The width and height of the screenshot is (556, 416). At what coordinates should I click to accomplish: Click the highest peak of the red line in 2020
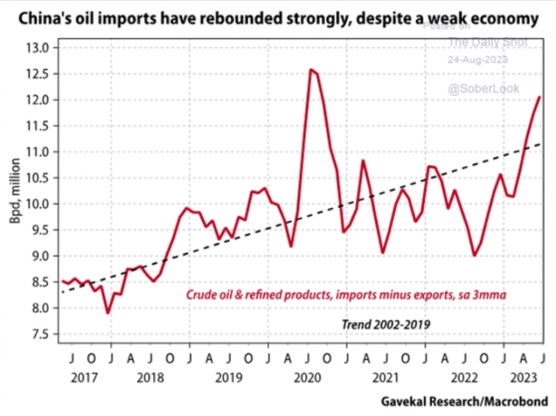pos(311,70)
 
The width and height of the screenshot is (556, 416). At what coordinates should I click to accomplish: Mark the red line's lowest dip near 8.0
pos(109,313)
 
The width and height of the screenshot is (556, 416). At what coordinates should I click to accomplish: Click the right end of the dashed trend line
pos(541,144)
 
